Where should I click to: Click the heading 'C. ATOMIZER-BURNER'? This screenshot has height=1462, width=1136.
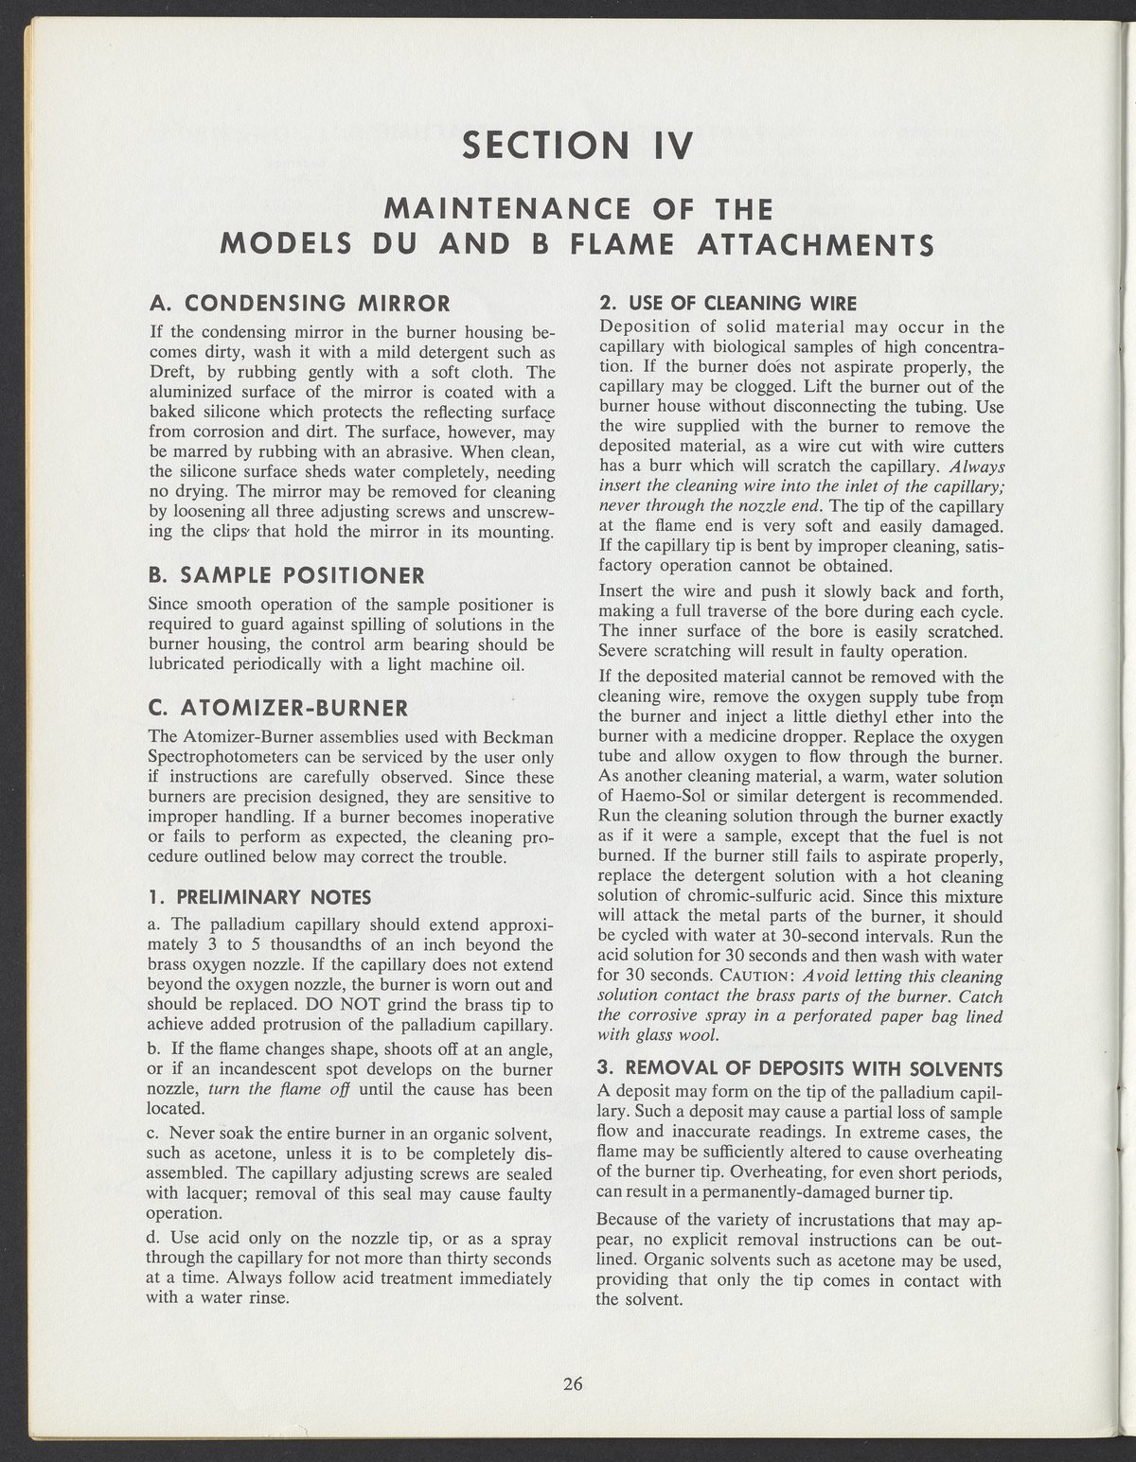coord(279,708)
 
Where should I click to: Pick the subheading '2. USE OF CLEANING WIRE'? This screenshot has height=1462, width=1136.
coord(728,304)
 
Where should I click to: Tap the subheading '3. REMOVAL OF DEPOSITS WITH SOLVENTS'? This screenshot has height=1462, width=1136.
coord(800,1069)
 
